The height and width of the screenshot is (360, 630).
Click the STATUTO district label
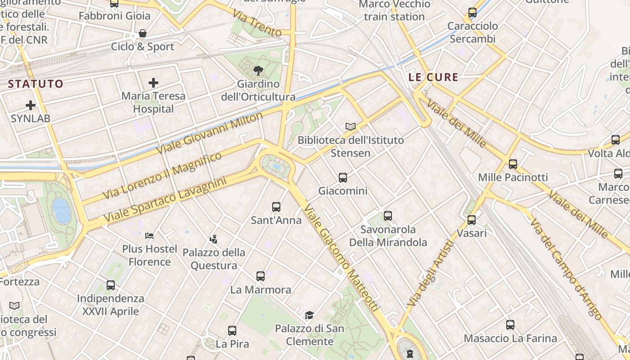[36, 84]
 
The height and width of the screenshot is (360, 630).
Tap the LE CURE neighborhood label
[433, 77]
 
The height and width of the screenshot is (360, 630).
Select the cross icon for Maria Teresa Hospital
[153, 82]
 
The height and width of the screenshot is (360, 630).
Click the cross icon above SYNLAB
[31, 105]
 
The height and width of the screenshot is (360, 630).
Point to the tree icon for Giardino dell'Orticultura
[258, 70]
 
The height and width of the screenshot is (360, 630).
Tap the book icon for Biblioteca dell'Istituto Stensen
[351, 126]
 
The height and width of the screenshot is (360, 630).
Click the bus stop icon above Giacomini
[343, 177]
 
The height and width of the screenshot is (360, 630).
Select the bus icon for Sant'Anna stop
[276, 207]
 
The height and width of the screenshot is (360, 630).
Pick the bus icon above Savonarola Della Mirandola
[388, 216]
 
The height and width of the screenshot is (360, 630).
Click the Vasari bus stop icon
[472, 220]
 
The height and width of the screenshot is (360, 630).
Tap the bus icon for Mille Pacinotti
[513, 164]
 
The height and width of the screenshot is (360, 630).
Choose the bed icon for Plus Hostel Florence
[149, 235]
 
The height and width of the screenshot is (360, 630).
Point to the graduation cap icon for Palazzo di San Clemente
[309, 315]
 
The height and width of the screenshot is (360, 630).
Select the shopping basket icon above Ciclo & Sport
[143, 33]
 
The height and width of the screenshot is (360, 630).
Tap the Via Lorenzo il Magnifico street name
[162, 175]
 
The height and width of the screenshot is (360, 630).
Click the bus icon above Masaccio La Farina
[510, 324]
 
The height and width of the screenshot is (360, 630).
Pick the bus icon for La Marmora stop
[261, 276]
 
